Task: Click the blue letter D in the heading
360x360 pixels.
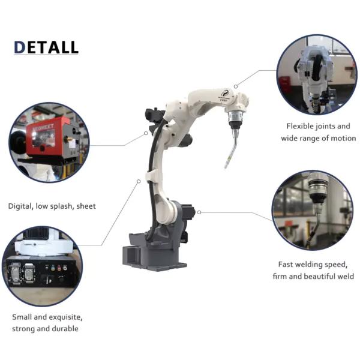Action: tap(20, 47)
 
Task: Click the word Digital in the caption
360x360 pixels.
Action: tap(20, 206)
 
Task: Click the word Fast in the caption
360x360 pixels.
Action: tap(285, 265)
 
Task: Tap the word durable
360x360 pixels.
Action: tap(65, 329)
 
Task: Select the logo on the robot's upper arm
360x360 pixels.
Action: tap(224, 93)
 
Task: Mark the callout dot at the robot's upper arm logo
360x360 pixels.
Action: tap(236, 86)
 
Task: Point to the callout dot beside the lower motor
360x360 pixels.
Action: tap(199, 212)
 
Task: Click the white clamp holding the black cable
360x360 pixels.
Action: tap(152, 176)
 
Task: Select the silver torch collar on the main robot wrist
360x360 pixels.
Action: tap(236, 116)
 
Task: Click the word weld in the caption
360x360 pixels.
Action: tap(346, 276)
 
